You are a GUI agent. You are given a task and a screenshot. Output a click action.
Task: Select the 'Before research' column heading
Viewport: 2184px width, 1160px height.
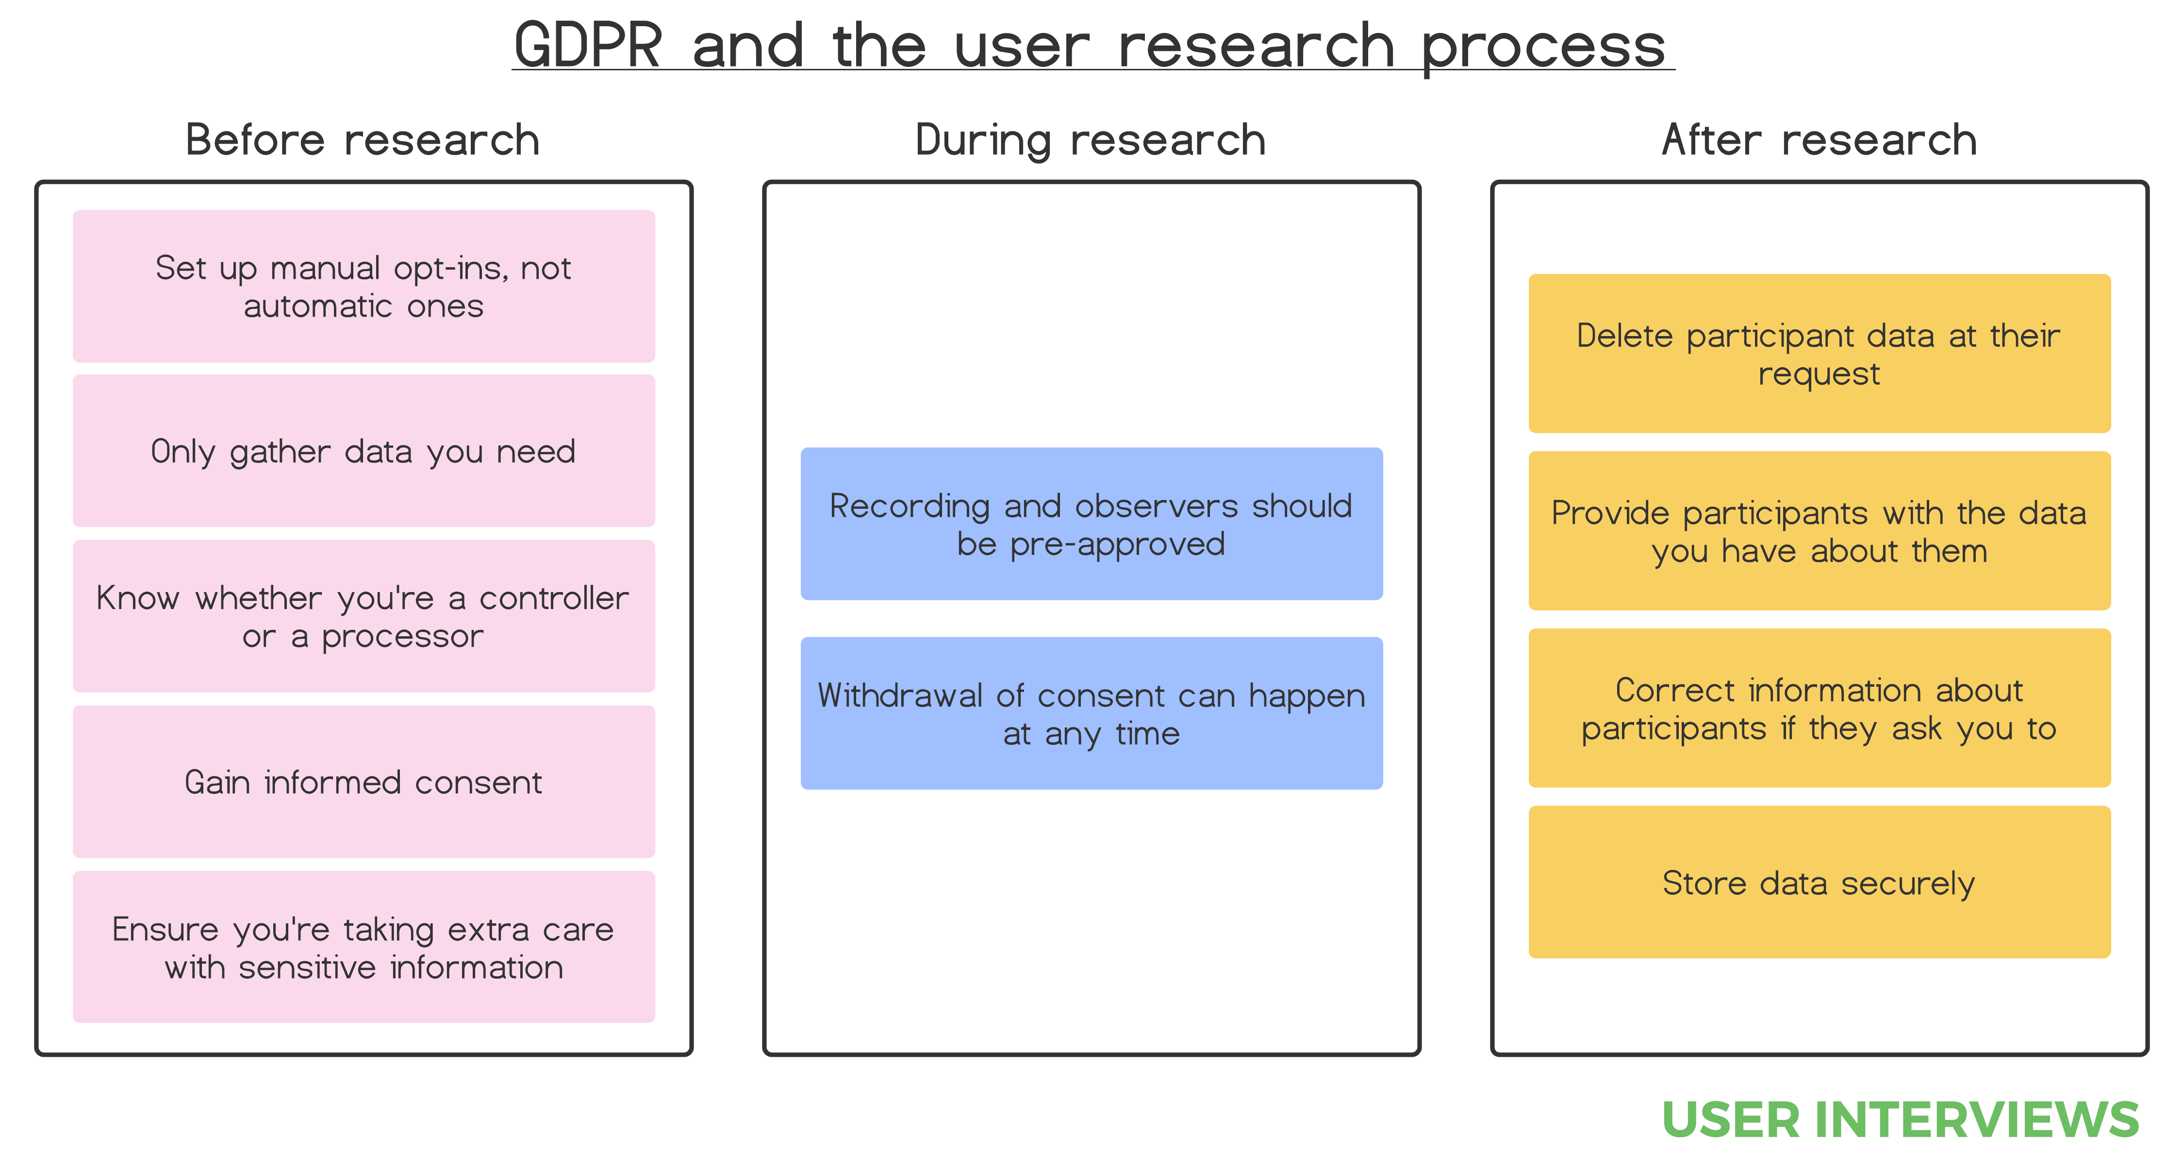[x=363, y=140]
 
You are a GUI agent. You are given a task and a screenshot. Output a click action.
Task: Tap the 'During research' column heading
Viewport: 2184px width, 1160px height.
[x=1091, y=140]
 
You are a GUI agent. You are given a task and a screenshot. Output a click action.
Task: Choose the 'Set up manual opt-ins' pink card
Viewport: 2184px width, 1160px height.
[x=363, y=287]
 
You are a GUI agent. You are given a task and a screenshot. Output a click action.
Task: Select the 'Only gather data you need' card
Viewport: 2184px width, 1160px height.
[x=363, y=451]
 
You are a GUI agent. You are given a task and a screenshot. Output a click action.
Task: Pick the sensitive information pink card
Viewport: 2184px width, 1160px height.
[x=363, y=947]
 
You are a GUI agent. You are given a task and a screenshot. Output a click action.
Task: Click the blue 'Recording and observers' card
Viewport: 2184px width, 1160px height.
[x=1091, y=524]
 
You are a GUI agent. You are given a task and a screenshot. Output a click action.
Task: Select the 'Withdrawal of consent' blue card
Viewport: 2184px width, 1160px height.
[x=1091, y=713]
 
